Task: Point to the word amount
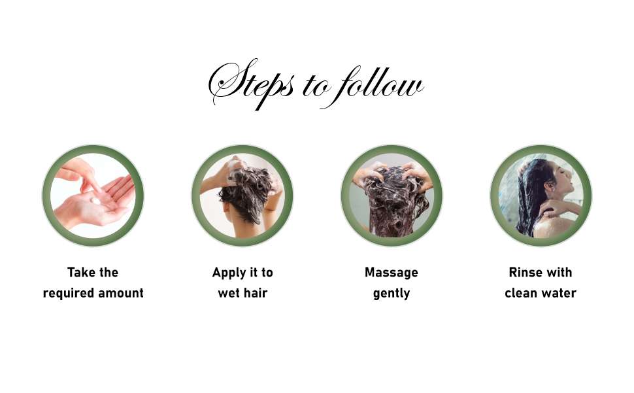click(x=120, y=293)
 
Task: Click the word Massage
click(x=392, y=273)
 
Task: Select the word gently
click(x=392, y=294)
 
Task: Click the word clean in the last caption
click(x=522, y=293)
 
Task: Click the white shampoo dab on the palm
click(x=96, y=201)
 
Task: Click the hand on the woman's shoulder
click(x=552, y=207)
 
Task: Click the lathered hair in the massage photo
click(x=393, y=200)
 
